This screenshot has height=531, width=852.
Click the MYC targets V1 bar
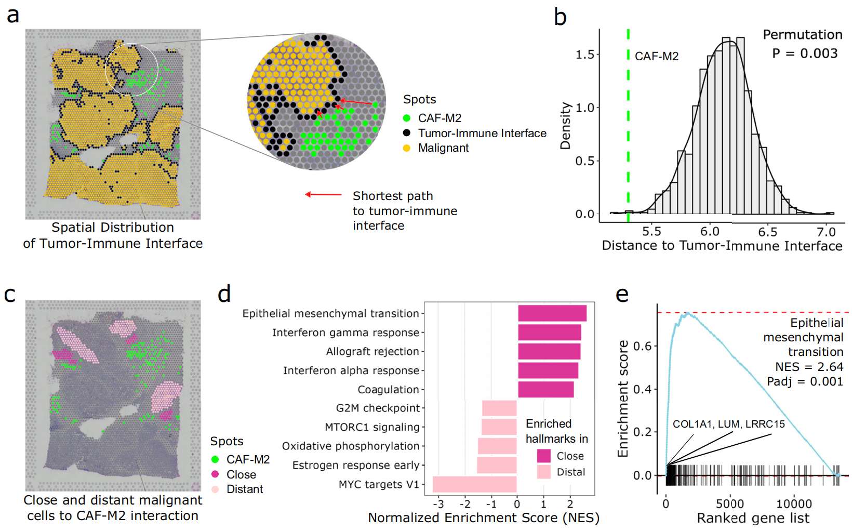(x=474, y=484)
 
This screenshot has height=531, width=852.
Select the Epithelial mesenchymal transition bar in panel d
(x=552, y=313)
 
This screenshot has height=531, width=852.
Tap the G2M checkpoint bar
(x=499, y=408)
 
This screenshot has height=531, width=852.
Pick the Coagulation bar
(x=545, y=390)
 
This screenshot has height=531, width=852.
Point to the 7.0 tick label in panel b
(x=826, y=232)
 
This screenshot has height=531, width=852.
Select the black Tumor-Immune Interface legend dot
(x=407, y=133)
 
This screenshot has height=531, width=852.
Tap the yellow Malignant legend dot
(x=407, y=148)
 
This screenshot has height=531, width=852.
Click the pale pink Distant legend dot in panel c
(x=215, y=489)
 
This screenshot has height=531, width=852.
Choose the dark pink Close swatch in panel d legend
(x=543, y=456)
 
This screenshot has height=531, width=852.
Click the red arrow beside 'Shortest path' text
(x=323, y=195)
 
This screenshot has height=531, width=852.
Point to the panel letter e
(x=622, y=294)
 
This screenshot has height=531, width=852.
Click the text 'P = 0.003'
(x=805, y=53)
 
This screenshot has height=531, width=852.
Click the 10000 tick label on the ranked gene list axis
(x=794, y=503)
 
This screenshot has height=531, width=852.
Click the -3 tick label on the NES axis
(x=438, y=503)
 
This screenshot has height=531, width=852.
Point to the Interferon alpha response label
(x=351, y=370)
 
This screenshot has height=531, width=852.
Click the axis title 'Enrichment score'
(x=622, y=399)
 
